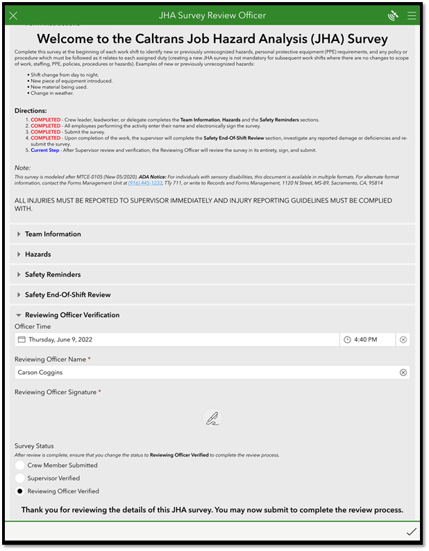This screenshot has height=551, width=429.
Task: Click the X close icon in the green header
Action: (x=14, y=15)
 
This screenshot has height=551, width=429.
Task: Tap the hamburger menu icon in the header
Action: (x=412, y=15)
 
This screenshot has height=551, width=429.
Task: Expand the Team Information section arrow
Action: (x=19, y=235)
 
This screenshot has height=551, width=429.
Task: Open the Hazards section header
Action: (x=38, y=255)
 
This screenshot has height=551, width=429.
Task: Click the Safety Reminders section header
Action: (x=53, y=275)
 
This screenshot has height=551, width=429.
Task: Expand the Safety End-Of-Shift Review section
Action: (x=67, y=295)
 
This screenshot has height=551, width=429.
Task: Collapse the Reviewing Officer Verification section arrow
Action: (x=19, y=315)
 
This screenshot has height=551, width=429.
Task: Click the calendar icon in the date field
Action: (x=22, y=340)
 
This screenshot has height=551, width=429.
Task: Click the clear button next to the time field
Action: (x=403, y=340)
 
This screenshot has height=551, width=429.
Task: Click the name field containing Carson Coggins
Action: (x=201, y=373)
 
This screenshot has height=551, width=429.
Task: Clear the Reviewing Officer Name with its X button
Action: (x=403, y=373)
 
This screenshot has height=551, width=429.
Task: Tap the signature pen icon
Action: (x=213, y=418)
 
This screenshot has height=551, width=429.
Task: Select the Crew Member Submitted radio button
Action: (x=20, y=466)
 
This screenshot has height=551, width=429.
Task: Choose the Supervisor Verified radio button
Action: (x=20, y=478)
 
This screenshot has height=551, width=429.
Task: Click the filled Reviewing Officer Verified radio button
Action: (x=20, y=491)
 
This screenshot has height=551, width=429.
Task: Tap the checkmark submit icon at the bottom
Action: (x=412, y=532)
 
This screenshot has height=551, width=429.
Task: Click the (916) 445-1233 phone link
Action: (x=144, y=183)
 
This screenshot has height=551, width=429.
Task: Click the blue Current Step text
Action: (x=44, y=150)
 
